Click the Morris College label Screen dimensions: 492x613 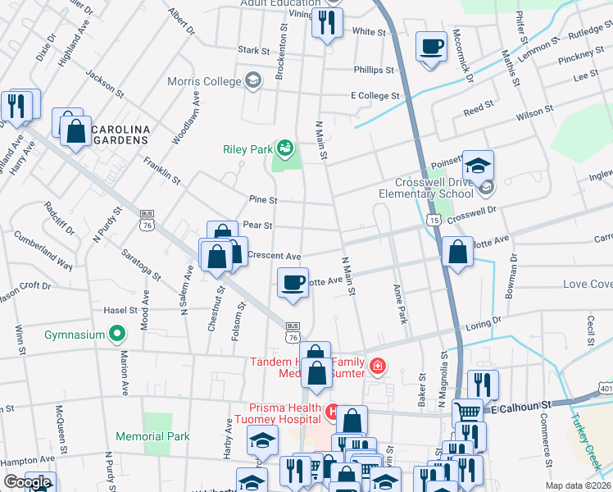click(x=204, y=81)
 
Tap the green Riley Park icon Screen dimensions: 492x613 click(x=285, y=148)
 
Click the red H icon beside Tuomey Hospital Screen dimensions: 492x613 click(x=333, y=410)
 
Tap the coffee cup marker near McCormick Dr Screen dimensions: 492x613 click(x=431, y=46)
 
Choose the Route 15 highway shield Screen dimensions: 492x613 click(x=433, y=221)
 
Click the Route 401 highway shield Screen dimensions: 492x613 click(x=606, y=387)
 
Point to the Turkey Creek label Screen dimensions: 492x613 click(x=591, y=434)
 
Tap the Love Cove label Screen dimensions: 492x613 click(x=587, y=284)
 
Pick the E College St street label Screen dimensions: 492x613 click(x=375, y=96)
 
